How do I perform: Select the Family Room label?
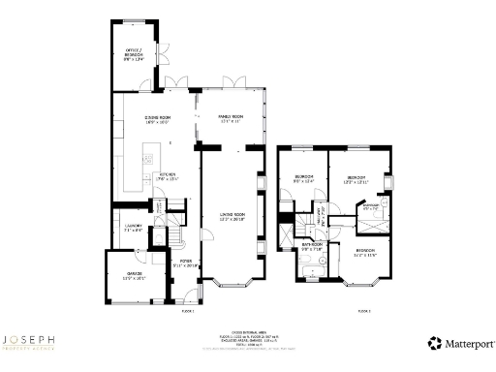tap(230, 118)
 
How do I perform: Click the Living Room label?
tap(231, 216)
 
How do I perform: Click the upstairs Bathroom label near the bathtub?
tap(310, 246)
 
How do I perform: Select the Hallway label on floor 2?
tap(323, 222)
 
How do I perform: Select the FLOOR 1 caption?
tap(188, 310)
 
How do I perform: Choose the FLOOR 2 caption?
tap(364, 310)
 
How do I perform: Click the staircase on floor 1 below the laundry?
tap(175, 238)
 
